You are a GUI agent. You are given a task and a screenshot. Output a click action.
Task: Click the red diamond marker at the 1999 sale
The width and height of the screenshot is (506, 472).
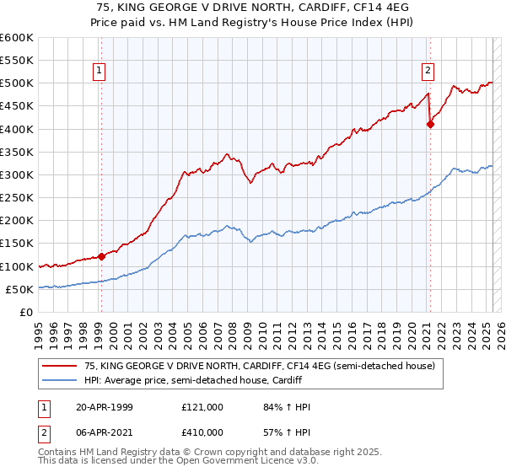pos(101,256)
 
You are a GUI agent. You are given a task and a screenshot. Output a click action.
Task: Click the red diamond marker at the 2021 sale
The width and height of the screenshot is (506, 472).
pos(430,124)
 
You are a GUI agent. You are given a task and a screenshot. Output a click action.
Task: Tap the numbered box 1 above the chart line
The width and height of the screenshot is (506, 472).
pos(100,71)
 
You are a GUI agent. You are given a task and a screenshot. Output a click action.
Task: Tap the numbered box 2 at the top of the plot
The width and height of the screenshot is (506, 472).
pos(428,71)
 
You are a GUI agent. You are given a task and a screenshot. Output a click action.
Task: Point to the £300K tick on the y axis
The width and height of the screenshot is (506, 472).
pos(17,174)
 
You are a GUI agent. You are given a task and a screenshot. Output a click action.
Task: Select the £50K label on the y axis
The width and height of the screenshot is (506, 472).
pos(20,289)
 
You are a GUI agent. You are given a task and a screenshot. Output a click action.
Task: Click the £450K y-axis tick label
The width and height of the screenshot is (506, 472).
pos(17,106)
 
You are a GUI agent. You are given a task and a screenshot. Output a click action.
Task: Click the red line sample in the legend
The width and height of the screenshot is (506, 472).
pos(60,366)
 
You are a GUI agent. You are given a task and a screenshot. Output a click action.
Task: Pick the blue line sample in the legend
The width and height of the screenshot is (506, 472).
pos(60,380)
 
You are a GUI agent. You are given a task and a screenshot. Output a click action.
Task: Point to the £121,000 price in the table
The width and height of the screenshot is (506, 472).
pos(202,406)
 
